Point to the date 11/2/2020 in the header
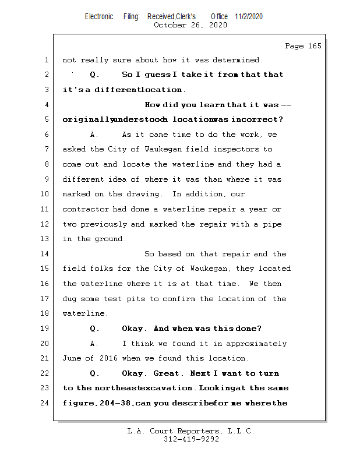coord(249,16)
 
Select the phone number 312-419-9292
coord(191,440)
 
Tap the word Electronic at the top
coord(99,16)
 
